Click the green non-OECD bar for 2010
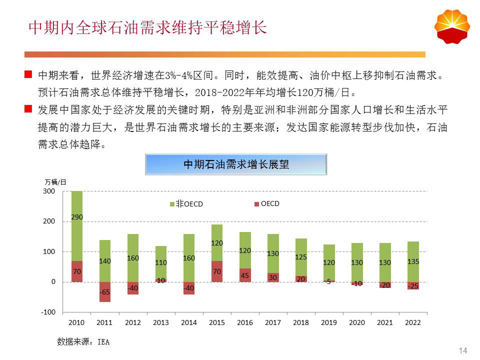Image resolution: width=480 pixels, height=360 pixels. [76, 235]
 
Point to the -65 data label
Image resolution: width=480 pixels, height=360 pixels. [104, 291]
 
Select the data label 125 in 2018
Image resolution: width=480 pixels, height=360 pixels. [301, 257]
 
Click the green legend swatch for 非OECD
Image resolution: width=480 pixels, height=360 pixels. [172, 204]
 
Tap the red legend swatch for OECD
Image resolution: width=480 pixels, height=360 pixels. [256, 204]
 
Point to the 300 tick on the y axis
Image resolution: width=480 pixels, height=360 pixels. [49, 191]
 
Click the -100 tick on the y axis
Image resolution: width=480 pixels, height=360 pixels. [48, 312]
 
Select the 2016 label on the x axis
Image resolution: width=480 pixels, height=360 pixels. [245, 323]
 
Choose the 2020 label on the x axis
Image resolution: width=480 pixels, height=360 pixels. [357, 323]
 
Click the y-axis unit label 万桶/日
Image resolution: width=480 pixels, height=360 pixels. [55, 181]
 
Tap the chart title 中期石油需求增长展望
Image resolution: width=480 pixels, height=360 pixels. [236, 164]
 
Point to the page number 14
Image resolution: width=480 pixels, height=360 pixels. [462, 350]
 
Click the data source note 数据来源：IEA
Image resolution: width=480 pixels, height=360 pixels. [83, 342]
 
